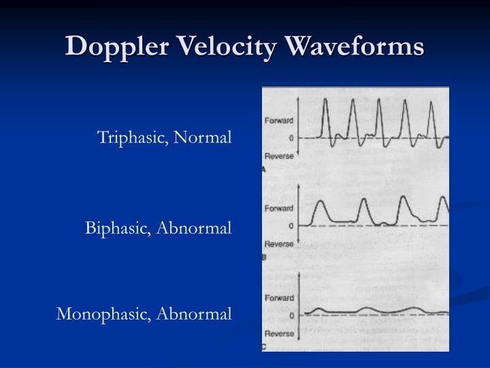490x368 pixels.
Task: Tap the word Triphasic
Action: [x=133, y=138]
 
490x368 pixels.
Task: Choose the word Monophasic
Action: [x=103, y=314]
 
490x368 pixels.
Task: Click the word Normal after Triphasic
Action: [x=203, y=138]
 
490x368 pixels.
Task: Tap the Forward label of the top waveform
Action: [x=279, y=121]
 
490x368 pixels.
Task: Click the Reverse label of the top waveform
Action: [x=279, y=156]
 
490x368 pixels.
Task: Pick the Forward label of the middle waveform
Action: [x=279, y=209]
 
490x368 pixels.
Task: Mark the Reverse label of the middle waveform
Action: [x=279, y=243]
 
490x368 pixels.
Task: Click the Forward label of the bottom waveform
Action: [x=279, y=298]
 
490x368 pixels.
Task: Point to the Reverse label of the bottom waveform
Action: [x=279, y=333]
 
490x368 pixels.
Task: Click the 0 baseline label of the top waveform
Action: [x=291, y=138]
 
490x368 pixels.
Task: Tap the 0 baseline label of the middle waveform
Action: [x=291, y=226]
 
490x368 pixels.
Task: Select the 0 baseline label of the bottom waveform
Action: [x=291, y=316]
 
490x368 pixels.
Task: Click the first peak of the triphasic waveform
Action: [x=325, y=100]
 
